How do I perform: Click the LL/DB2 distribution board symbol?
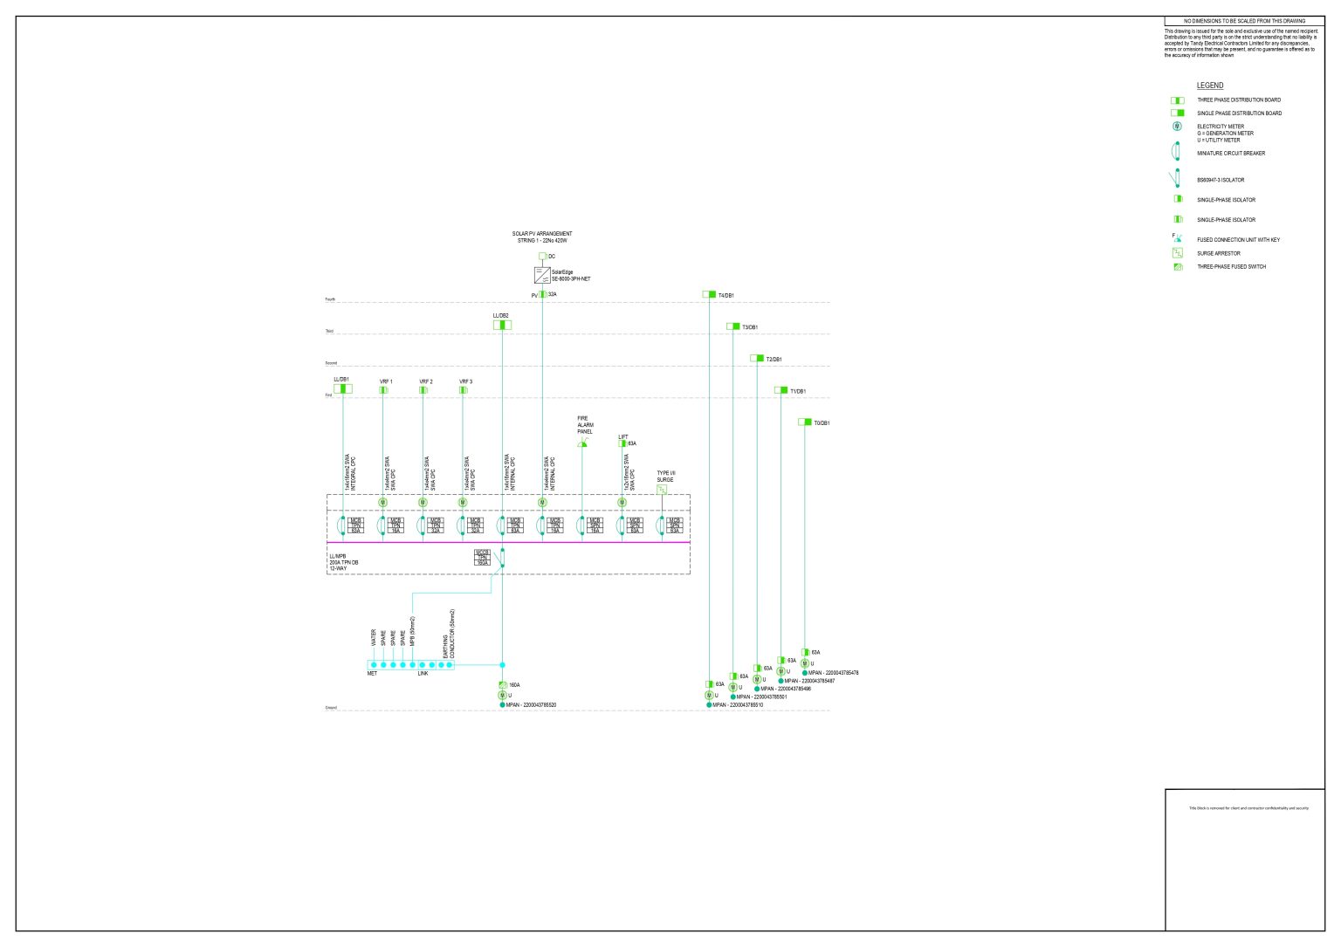click(x=502, y=326)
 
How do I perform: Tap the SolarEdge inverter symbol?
click(x=542, y=275)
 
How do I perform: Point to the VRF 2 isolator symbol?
click(x=423, y=390)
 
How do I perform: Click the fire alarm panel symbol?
click(x=582, y=444)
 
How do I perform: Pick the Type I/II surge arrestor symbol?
click(x=662, y=490)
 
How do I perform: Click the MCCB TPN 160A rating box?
click(x=482, y=558)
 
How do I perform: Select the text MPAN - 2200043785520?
click(x=531, y=705)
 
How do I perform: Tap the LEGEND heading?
click(x=1210, y=86)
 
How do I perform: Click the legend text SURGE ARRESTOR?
click(x=1219, y=254)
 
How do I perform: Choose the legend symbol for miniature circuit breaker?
click(x=1177, y=152)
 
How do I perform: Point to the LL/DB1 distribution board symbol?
click(x=343, y=389)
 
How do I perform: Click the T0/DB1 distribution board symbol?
click(x=805, y=422)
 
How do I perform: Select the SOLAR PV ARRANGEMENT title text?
click(x=542, y=234)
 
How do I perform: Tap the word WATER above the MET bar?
click(x=374, y=639)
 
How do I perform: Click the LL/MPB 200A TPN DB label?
click(x=344, y=562)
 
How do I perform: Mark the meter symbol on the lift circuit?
click(x=622, y=503)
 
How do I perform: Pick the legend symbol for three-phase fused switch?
click(x=1178, y=267)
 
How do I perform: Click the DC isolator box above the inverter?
click(x=542, y=257)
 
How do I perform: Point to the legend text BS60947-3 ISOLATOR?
click(x=1221, y=181)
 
